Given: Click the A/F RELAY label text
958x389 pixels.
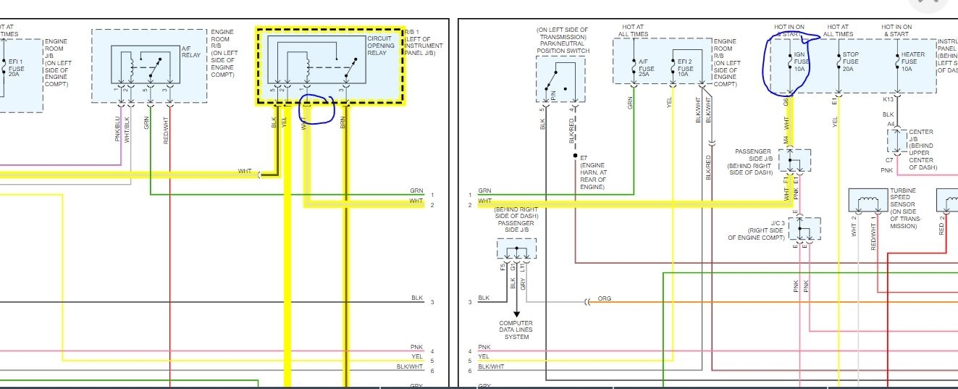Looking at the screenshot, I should coord(190,51).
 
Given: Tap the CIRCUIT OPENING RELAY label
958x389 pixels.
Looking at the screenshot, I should coord(381,46).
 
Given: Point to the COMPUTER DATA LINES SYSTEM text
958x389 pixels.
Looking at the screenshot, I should coord(516,330).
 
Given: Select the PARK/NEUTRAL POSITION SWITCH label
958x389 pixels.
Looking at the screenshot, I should coord(563,41).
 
